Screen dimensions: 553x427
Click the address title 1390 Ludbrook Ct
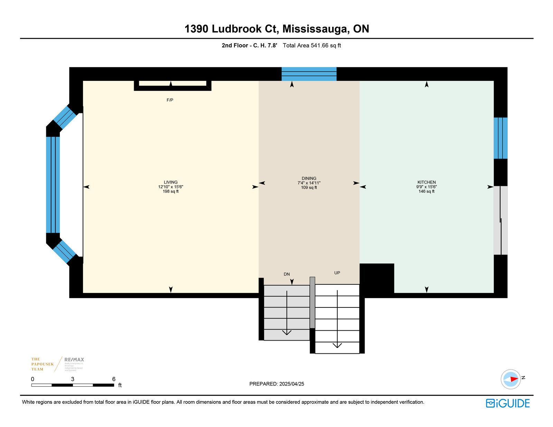(276, 29)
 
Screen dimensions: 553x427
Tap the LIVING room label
(171, 182)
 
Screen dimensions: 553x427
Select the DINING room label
(309, 178)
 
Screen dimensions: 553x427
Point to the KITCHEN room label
(427, 182)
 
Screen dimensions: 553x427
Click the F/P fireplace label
(170, 100)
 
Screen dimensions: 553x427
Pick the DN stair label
(287, 274)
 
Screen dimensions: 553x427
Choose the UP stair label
(337, 273)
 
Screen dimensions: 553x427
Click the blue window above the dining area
(309, 74)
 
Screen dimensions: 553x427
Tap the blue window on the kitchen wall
(500, 138)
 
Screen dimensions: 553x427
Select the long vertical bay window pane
(53, 185)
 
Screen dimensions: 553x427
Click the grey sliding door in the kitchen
(500, 220)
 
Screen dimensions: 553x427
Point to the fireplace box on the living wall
(172, 85)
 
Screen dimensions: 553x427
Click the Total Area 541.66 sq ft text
(312, 46)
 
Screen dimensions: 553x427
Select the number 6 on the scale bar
(114, 379)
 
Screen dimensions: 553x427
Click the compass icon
(511, 379)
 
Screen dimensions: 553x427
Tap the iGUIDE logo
(507, 403)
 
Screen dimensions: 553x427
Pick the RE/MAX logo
(74, 360)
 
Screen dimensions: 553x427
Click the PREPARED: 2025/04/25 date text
(276, 384)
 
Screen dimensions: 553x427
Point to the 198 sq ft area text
(171, 191)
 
